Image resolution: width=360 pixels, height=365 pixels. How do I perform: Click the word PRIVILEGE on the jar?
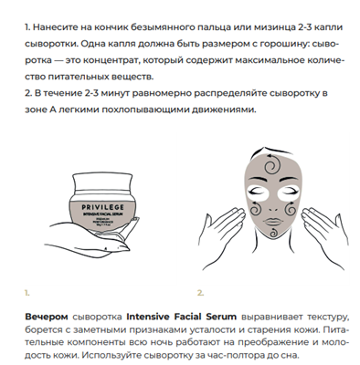102,207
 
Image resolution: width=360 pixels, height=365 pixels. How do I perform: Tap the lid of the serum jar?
102,182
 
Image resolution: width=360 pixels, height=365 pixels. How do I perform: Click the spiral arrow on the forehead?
271,165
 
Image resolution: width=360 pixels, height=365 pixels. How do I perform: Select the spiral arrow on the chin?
274,232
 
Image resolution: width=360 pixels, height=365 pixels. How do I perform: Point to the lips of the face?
273,222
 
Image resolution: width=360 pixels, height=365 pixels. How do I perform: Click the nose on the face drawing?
273,209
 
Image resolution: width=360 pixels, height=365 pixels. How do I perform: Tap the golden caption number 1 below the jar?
27,293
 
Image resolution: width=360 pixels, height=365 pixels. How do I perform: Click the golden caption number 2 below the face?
200,293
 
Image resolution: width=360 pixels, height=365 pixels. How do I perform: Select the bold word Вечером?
47,317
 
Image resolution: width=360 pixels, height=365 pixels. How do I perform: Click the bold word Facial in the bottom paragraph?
188,317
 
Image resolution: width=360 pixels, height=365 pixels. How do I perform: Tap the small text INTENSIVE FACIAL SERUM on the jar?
103,214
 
